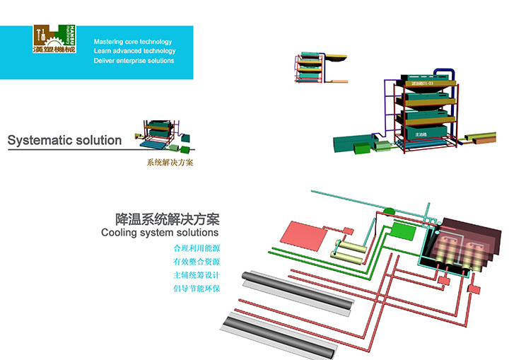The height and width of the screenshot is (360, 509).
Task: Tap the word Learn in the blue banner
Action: coord(103,52)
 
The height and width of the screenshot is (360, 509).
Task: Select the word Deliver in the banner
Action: coord(105,61)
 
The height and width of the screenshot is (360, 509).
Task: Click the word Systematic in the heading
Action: coord(40,140)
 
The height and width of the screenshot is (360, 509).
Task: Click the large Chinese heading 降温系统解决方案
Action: coord(167,219)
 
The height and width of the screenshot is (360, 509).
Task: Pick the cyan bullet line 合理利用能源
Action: coord(197,248)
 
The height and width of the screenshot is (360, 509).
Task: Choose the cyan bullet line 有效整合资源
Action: coord(197,262)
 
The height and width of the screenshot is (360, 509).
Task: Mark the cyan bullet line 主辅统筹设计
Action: coord(197,275)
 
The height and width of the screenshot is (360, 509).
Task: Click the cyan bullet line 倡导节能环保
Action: coord(197,289)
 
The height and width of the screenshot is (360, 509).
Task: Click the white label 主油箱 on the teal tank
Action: coord(421,134)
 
